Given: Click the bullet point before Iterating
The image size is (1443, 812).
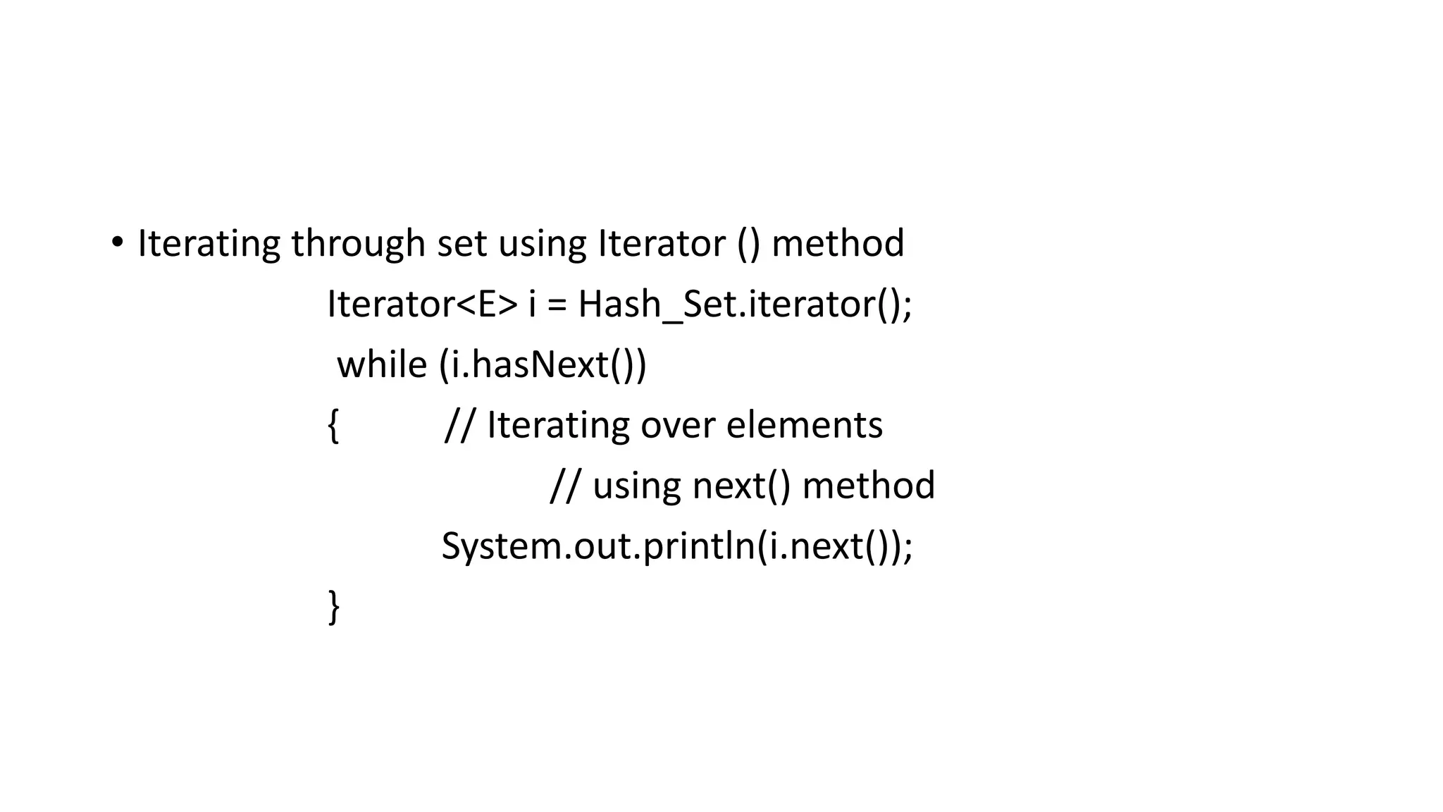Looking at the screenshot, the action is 117,243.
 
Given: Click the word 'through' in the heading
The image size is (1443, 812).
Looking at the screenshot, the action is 357,244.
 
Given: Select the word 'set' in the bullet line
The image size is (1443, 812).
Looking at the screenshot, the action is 462,244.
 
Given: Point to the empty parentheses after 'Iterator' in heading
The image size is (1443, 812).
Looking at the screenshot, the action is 748,245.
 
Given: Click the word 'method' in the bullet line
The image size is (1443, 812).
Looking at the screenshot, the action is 838,244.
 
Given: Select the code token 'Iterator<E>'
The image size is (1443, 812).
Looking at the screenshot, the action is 422,304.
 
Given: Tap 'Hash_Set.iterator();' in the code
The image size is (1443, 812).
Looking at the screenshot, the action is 745,305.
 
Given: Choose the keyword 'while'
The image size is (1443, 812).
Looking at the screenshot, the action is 382,365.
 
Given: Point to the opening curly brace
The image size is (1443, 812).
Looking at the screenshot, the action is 333,426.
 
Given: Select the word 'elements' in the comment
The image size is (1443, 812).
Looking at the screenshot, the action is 804,426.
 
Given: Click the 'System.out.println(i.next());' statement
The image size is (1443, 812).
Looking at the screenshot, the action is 676,547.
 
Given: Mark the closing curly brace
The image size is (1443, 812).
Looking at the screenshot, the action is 334,607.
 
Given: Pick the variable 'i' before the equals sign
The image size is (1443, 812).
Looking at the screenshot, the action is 533,304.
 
